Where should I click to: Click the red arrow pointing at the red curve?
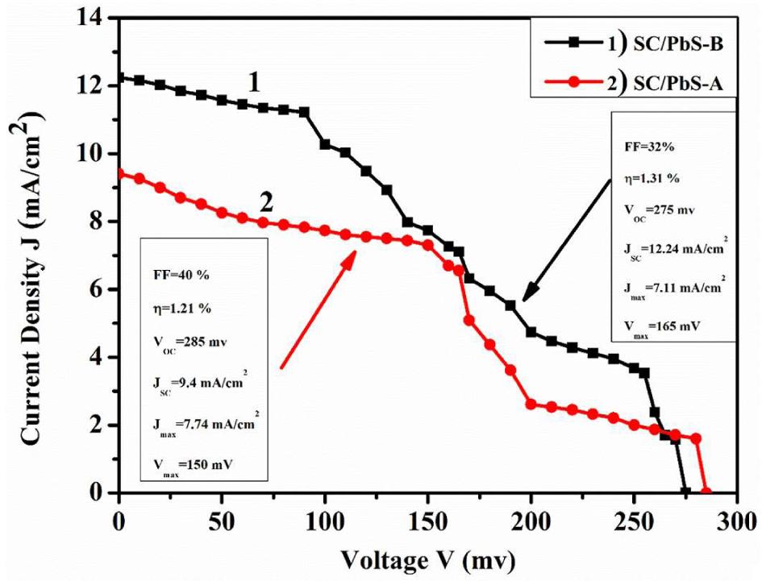pos(319,309)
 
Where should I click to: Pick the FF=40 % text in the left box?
pos(181,274)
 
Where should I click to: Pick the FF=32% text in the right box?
pos(646,148)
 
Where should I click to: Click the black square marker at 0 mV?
pos(119,78)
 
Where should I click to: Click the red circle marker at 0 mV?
pos(119,173)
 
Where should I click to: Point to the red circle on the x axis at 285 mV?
pos(706,492)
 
